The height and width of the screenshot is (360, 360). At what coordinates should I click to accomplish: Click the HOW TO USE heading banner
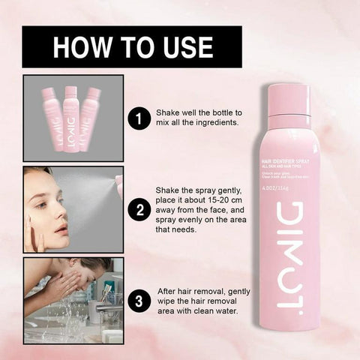click(x=132, y=47)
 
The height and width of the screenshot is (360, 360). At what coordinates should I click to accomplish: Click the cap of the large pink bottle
click(x=288, y=100)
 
